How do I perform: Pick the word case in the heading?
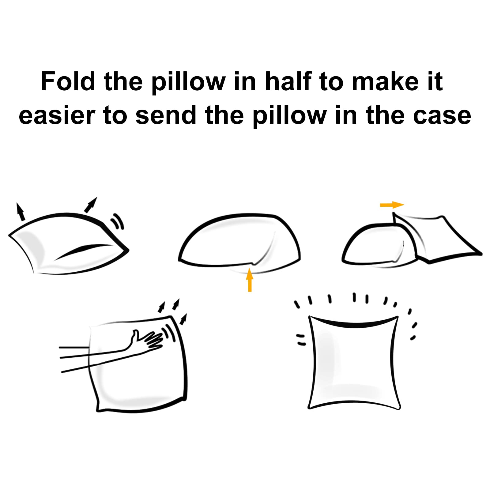[442, 116]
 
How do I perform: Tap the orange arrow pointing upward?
[250, 280]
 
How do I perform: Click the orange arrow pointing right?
[392, 205]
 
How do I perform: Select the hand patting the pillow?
[144, 341]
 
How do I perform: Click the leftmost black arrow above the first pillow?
[20, 211]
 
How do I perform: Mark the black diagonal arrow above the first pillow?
[91, 205]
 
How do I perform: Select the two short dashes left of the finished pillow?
[301, 340]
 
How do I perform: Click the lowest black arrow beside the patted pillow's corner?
[183, 319]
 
